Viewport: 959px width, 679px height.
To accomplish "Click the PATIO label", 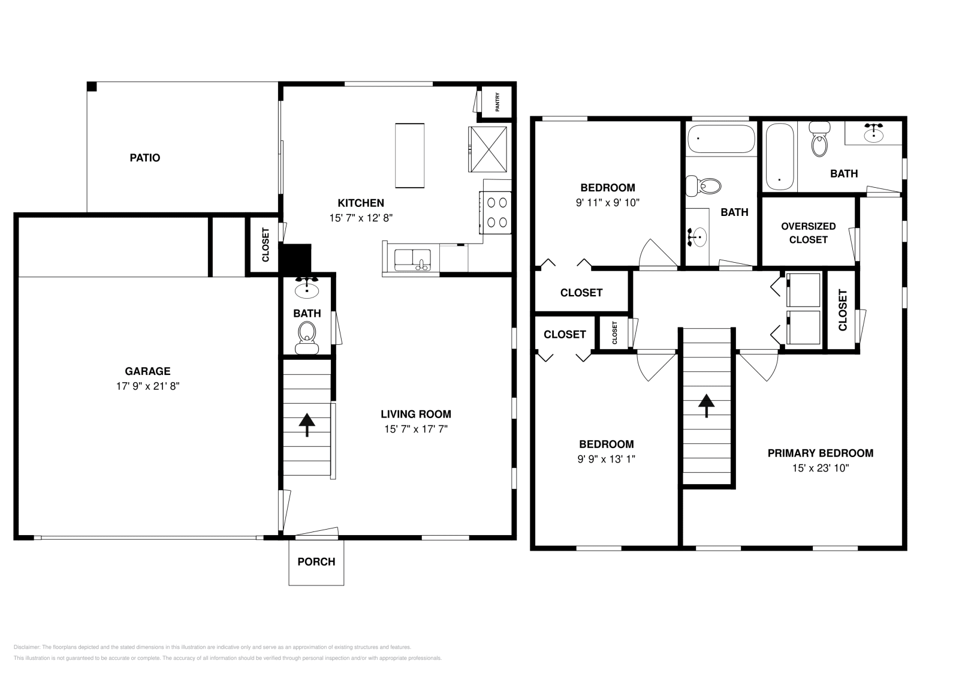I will (x=145, y=158).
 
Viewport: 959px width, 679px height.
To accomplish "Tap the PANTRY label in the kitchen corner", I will (x=497, y=106).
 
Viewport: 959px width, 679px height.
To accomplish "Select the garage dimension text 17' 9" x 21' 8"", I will (x=148, y=386).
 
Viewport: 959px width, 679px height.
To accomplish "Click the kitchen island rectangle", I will (x=409, y=155).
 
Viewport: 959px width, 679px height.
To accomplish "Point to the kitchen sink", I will (x=411, y=260).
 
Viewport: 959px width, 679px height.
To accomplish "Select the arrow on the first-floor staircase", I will (x=307, y=424).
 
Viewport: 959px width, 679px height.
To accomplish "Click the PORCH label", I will (x=316, y=561).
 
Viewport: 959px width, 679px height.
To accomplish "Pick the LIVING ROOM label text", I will (x=416, y=414).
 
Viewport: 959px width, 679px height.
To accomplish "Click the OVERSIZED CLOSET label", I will (x=808, y=233).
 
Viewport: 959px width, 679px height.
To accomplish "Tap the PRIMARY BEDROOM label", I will (x=820, y=453).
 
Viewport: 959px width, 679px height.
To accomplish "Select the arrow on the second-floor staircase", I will (x=707, y=405).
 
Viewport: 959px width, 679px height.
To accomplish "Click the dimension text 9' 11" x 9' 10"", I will (x=608, y=203).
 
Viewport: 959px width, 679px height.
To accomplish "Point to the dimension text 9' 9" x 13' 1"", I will (x=607, y=459).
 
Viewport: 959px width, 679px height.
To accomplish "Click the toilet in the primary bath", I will (x=818, y=141).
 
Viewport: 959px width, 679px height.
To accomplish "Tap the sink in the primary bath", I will (x=874, y=133).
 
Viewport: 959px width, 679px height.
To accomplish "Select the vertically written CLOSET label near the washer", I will (x=843, y=310).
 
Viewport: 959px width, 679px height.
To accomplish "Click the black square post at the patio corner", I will (x=92, y=86).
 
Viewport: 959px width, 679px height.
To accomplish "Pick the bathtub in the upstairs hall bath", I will (x=721, y=139).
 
